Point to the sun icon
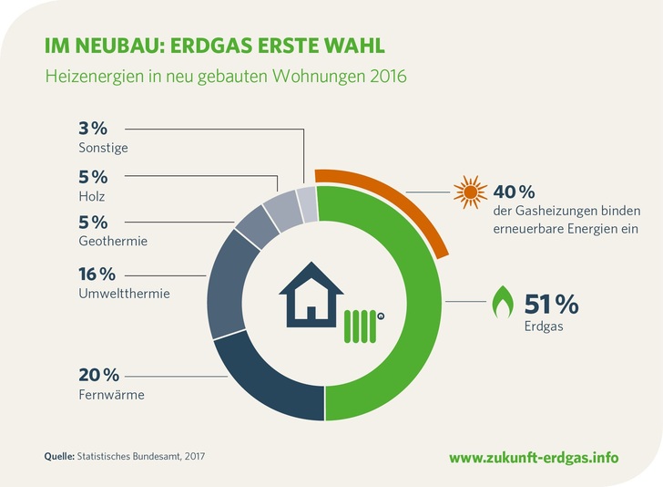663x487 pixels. coord(468,194)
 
